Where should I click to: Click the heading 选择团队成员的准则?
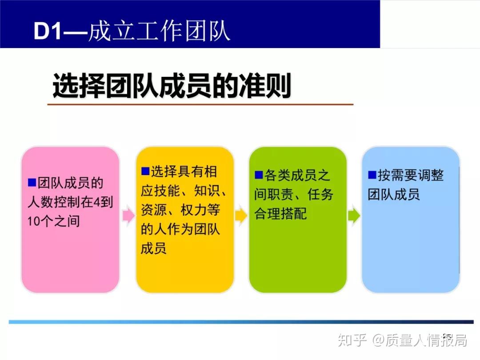(x=172, y=86)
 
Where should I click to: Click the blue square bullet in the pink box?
(x=31, y=182)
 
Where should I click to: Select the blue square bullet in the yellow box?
(x=145, y=171)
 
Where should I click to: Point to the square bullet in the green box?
(x=258, y=175)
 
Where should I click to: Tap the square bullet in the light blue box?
(x=372, y=175)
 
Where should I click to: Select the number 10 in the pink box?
(x=34, y=221)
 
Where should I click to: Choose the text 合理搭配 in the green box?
(x=280, y=214)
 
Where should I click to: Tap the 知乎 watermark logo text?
(x=352, y=340)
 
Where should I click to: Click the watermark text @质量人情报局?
(x=419, y=340)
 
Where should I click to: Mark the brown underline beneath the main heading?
(x=200, y=104)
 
